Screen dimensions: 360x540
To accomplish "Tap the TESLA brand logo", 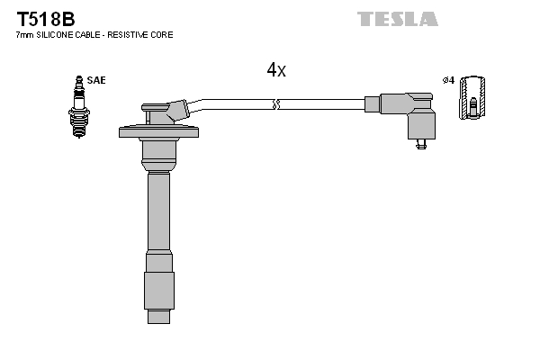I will [397, 19].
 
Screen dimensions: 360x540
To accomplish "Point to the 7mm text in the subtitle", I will [24, 35].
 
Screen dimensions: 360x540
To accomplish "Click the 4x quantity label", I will [276, 70].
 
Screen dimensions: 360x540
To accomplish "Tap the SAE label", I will [96, 80].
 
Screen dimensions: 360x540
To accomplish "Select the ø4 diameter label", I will [447, 80].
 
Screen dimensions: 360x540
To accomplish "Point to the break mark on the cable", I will [277, 104].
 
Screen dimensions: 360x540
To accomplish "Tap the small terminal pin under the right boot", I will [420, 146].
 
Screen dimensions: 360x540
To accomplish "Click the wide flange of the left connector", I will [158, 132].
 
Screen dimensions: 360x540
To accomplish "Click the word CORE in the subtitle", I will [162, 35].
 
